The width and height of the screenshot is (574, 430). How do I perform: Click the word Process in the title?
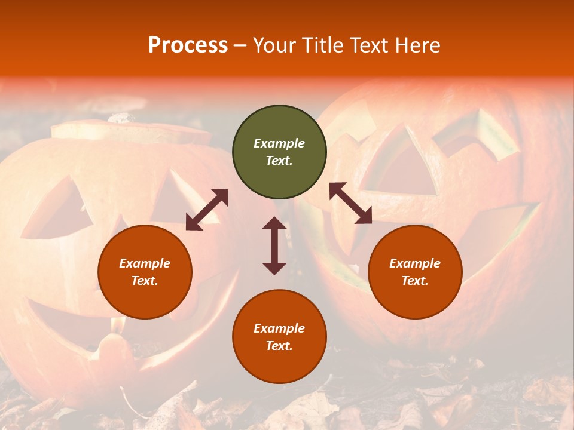(x=188, y=45)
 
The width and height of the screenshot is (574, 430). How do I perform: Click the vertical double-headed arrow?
(x=274, y=245)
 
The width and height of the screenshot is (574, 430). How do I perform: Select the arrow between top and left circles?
(x=207, y=210)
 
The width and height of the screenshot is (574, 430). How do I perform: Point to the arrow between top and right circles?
(x=351, y=203)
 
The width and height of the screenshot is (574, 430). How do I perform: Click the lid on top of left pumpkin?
(x=132, y=131)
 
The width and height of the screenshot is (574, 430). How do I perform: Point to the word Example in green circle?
(x=279, y=143)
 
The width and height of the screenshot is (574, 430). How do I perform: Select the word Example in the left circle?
(x=145, y=263)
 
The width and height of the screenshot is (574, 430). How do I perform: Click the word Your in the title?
(x=275, y=45)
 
